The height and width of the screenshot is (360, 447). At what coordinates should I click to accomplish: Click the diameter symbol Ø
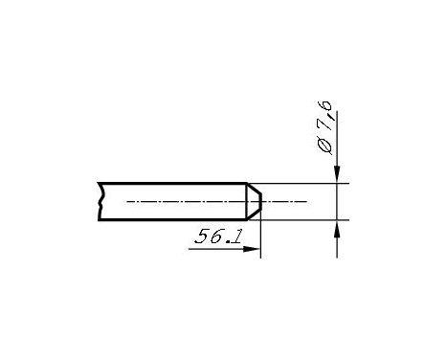pyautogui.click(x=323, y=146)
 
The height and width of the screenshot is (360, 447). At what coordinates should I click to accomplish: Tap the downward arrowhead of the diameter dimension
pyautogui.click(x=337, y=172)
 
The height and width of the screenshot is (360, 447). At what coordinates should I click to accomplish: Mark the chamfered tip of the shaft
pyautogui.click(x=255, y=201)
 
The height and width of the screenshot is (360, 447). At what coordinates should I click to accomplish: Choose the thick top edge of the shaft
pyautogui.click(x=172, y=183)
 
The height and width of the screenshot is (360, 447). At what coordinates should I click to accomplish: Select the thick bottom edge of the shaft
pyautogui.click(x=172, y=219)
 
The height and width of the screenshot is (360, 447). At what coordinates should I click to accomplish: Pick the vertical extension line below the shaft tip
pyautogui.click(x=260, y=239)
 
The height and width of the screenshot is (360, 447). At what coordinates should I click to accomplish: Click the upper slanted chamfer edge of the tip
pyautogui.click(x=255, y=189)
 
